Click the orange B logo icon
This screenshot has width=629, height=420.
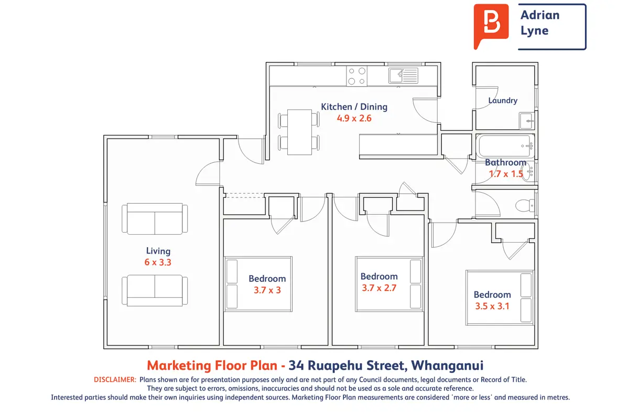(x=491, y=25)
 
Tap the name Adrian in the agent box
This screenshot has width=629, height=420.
(x=540, y=15)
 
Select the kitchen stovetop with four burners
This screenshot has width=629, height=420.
(x=356, y=76)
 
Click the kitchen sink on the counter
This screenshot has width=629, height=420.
(x=403, y=76)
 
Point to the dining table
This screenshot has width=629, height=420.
(x=299, y=132)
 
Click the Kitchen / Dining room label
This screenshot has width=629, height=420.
(x=354, y=107)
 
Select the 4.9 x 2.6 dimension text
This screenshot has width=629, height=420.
(x=354, y=118)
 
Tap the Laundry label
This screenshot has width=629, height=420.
(x=503, y=100)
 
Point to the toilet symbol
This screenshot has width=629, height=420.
(x=525, y=205)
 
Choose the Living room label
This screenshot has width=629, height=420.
(x=158, y=250)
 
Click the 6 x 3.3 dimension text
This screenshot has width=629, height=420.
(x=158, y=262)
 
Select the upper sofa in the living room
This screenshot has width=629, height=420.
(x=155, y=218)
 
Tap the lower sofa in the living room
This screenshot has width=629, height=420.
(x=155, y=290)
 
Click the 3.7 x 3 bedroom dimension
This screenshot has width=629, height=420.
(x=267, y=290)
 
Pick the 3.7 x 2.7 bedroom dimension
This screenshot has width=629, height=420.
(x=379, y=288)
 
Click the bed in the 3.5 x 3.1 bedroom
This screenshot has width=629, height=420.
(x=500, y=298)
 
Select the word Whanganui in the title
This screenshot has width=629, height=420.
(x=447, y=365)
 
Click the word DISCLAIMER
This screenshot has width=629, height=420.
(x=115, y=380)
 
